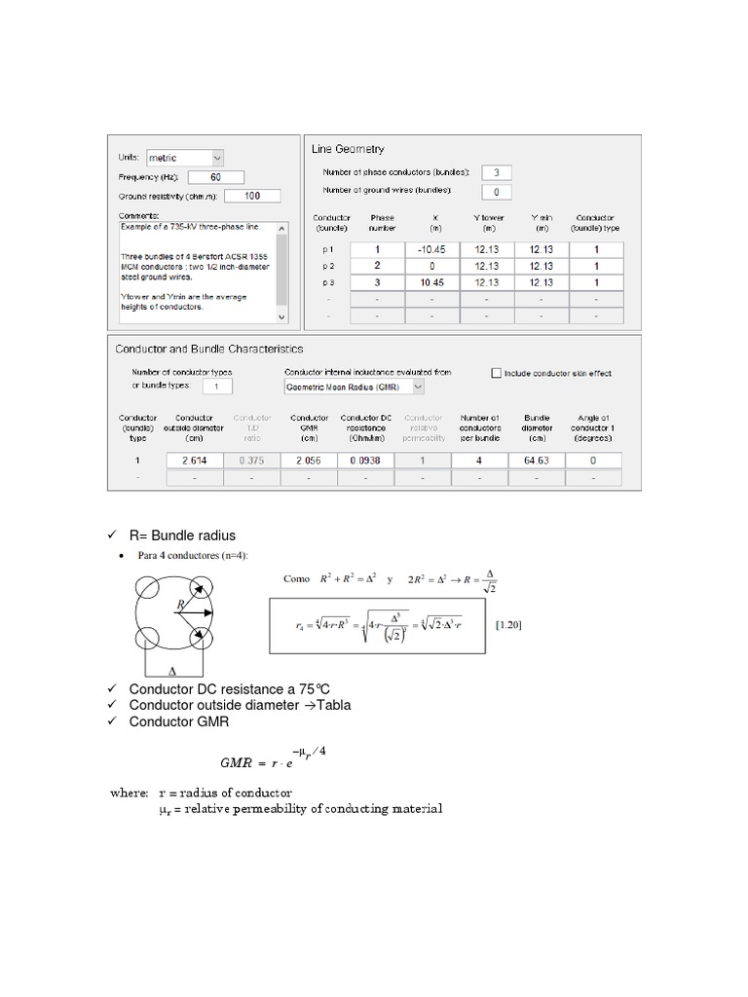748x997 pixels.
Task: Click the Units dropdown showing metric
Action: (x=184, y=157)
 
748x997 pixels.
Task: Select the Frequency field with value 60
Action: (x=214, y=177)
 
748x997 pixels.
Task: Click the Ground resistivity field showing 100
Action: (x=251, y=196)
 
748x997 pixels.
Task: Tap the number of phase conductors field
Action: (x=496, y=172)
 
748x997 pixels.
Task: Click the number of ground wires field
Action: (x=496, y=192)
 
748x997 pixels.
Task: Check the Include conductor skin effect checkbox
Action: (x=497, y=373)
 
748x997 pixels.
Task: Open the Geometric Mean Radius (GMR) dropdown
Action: (x=355, y=387)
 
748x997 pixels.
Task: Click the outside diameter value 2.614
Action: (x=195, y=460)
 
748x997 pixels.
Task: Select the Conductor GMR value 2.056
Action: (x=308, y=460)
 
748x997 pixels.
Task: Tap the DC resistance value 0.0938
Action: (x=365, y=460)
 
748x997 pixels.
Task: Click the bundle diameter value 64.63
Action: (x=537, y=460)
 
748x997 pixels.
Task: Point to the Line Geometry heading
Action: (x=348, y=149)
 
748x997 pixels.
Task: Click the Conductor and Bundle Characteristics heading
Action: (x=209, y=349)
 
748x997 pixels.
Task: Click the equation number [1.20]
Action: (x=508, y=625)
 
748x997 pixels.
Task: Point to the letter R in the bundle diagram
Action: (x=180, y=606)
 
